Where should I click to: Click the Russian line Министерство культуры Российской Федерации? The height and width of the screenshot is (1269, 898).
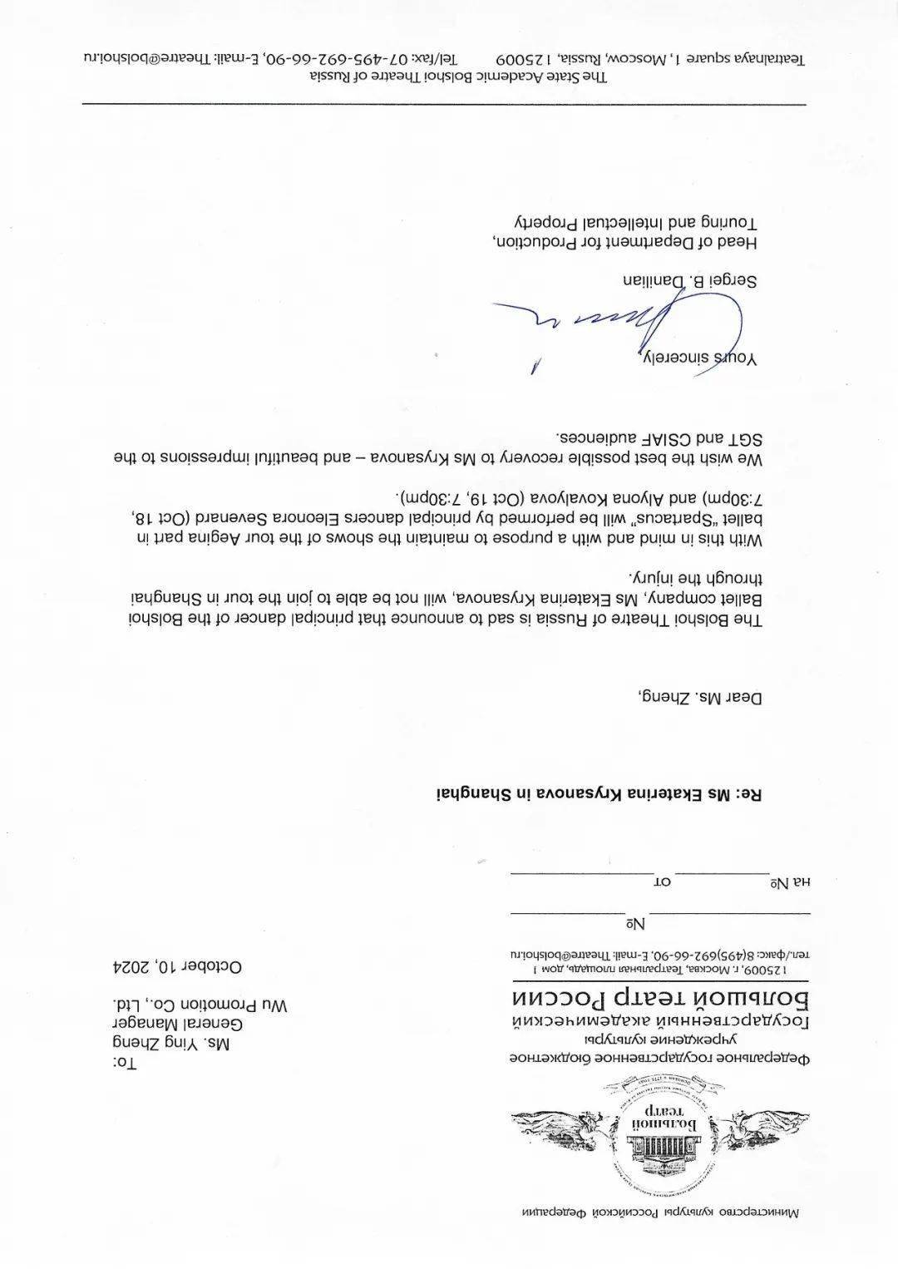click(x=659, y=1235)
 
